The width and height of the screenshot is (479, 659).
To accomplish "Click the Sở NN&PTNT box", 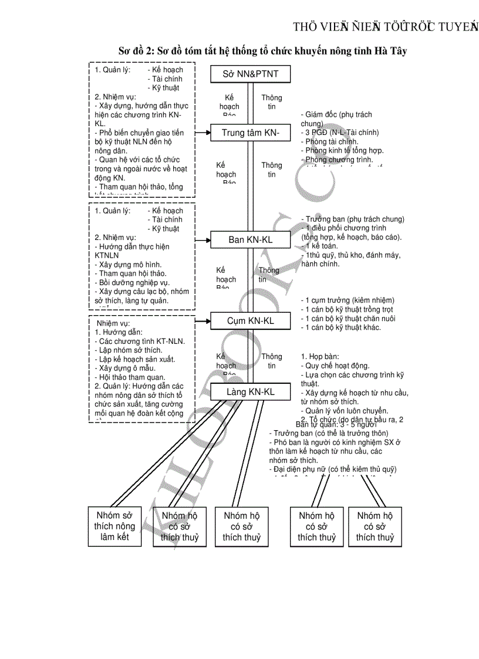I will (251, 74).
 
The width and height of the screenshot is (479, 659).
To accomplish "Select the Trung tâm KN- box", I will (251, 133).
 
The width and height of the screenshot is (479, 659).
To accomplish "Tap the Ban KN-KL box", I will (251, 239).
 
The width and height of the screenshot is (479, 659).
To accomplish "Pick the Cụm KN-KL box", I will (251, 321).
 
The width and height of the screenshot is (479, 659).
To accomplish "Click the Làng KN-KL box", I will (251, 391).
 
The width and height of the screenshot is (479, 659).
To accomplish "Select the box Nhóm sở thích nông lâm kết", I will (114, 526).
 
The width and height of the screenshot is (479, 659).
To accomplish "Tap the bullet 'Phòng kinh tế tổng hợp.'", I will (344, 150).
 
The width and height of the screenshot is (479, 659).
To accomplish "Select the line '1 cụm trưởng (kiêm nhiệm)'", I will (348, 300).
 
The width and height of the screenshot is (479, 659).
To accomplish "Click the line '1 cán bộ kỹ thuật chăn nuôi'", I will (348, 318).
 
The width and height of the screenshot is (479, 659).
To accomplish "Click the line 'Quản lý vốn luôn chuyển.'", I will (346, 411).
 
